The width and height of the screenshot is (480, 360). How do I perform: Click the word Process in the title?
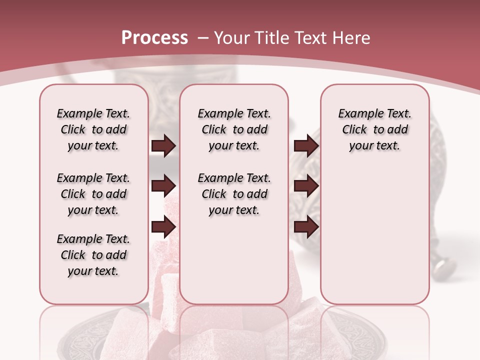click(154, 38)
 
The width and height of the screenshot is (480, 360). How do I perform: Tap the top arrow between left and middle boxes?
click(163, 145)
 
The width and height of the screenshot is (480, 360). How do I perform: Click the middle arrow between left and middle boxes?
click(163, 186)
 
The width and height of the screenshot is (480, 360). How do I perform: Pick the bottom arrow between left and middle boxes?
click(163, 227)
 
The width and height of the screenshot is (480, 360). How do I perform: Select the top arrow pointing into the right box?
click(306, 145)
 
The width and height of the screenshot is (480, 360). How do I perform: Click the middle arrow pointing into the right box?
click(306, 186)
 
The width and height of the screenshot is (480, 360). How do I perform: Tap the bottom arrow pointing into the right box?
click(306, 227)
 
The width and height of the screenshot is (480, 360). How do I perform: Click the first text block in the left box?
click(93, 129)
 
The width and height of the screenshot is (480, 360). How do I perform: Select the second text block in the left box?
click(93, 194)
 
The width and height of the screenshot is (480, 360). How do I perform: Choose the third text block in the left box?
click(93, 255)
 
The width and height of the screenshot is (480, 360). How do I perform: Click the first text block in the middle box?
click(234, 129)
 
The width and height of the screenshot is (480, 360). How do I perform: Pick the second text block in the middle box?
click(234, 194)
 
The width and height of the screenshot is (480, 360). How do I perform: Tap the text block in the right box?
click(375, 129)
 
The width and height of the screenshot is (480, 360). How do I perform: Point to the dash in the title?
click(203, 38)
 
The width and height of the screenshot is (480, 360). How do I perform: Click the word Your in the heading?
click(231, 38)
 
